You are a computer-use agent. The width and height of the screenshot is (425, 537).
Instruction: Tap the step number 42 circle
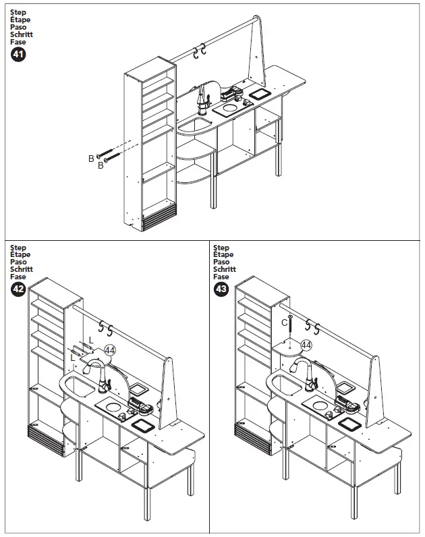(19, 290)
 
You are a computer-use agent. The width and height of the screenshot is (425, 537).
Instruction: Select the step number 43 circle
(221, 290)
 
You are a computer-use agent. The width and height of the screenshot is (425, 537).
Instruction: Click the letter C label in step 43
(284, 322)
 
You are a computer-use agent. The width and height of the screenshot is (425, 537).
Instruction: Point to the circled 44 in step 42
(110, 349)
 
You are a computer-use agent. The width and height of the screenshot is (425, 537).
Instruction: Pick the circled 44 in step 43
(306, 345)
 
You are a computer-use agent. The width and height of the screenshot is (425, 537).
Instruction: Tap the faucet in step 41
(201, 100)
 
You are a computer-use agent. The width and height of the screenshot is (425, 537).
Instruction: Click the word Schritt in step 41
(22, 34)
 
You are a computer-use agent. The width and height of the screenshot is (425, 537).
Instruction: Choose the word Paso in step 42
(19, 262)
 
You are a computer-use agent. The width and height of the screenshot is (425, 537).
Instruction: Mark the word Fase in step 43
(221, 277)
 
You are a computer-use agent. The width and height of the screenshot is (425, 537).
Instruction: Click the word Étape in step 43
(223, 255)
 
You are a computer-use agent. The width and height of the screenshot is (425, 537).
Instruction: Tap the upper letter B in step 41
(91, 158)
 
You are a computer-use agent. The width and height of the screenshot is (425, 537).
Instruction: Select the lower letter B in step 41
(100, 166)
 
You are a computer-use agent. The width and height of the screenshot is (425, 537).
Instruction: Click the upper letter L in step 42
(90, 339)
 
